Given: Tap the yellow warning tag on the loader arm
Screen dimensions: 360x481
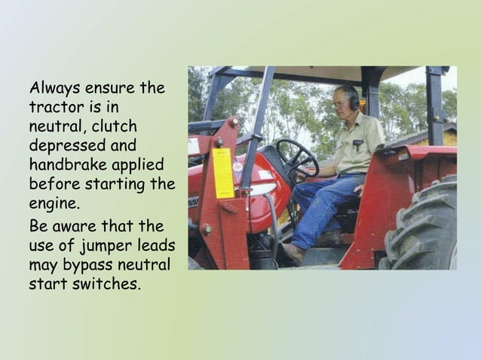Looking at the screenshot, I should pyautogui.click(x=222, y=172).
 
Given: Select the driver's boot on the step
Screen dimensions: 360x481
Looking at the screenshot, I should pyautogui.click(x=292, y=253).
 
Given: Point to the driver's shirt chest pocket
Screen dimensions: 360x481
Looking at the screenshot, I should pyautogui.click(x=357, y=142).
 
